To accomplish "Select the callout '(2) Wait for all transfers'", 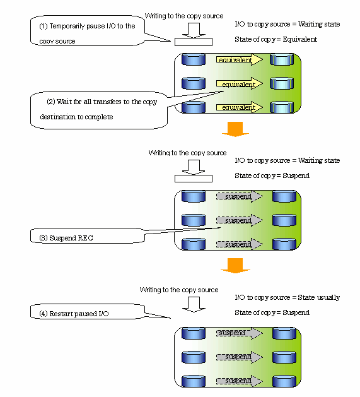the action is click(98, 110).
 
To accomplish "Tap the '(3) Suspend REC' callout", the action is click(87, 235).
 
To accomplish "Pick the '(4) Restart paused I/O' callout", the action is click(87, 311).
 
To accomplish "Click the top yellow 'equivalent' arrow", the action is click(240, 59).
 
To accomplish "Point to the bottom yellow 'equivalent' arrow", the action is click(240, 107).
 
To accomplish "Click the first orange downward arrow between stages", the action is click(235, 129).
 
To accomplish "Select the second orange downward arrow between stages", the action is click(235, 266).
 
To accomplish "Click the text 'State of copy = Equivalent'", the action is click(276, 39).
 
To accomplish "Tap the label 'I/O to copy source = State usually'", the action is click(287, 297).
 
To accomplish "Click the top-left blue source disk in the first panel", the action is click(194, 59).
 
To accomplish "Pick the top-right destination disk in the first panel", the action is click(282, 59).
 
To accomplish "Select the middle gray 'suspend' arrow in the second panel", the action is click(240, 220).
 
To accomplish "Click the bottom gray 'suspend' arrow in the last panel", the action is click(240, 381).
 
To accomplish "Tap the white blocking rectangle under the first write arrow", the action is click(194, 42).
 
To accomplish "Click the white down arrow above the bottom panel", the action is click(194, 304).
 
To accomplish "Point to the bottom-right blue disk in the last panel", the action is click(284, 381).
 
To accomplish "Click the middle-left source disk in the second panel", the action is click(194, 220).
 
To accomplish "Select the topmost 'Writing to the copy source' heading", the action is click(184, 16).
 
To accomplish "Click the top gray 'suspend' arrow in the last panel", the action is click(240, 333).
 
